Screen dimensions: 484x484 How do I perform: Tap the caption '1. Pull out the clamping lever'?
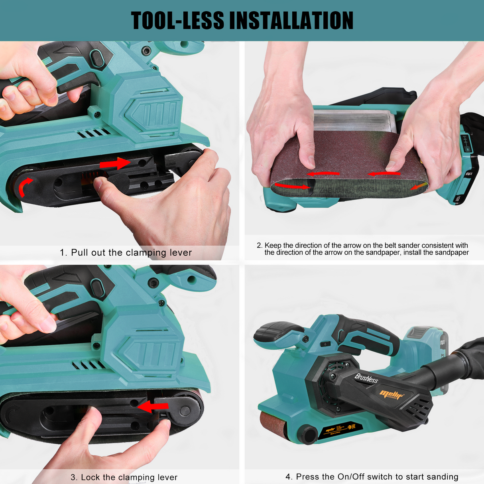pos(126,253)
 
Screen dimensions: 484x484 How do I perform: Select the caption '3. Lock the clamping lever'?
pos(124,477)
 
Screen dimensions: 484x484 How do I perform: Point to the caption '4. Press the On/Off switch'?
pos(372,477)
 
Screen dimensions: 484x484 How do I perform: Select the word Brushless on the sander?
pos(366,378)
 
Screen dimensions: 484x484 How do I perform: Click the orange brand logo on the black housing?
pos(391,394)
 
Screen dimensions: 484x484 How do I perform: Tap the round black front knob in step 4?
pos(307,435)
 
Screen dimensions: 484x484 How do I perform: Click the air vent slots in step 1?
pos(94,133)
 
